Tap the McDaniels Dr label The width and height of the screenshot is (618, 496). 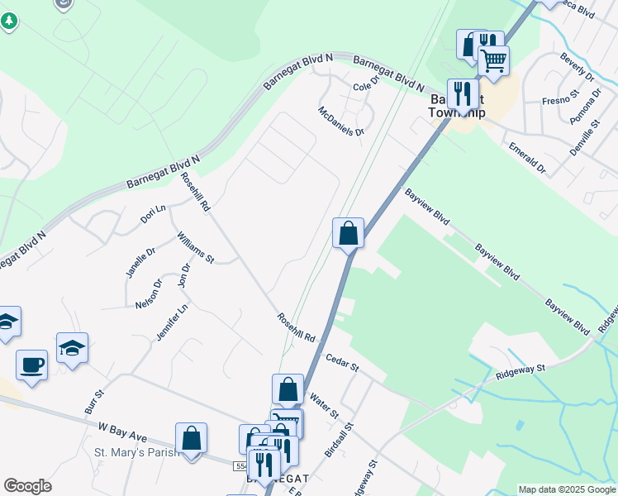tap(342, 122)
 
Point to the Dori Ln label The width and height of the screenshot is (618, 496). tap(154, 214)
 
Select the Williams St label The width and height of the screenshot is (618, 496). tap(195, 247)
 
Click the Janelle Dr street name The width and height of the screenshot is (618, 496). tap(140, 264)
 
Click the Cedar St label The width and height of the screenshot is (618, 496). tap(342, 361)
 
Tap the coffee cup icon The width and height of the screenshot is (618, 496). tap(31, 365)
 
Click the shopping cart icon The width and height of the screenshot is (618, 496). tap(493, 60)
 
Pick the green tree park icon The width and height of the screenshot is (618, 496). tap(8, 21)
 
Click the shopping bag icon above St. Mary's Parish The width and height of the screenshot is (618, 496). tap(191, 437)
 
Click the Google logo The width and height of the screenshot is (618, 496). tap(28, 486)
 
